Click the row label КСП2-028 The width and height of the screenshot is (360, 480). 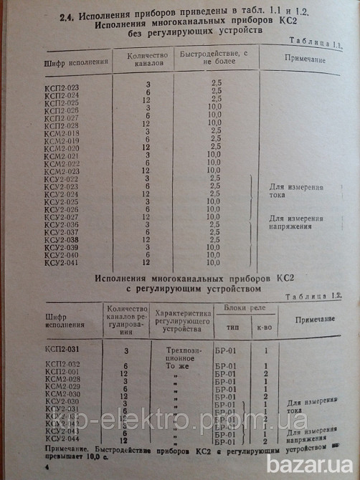[x=61, y=125]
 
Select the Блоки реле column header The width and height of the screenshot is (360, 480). [x=240, y=311]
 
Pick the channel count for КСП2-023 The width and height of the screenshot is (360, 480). [x=146, y=85]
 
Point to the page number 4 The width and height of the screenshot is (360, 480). [x=45, y=467]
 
